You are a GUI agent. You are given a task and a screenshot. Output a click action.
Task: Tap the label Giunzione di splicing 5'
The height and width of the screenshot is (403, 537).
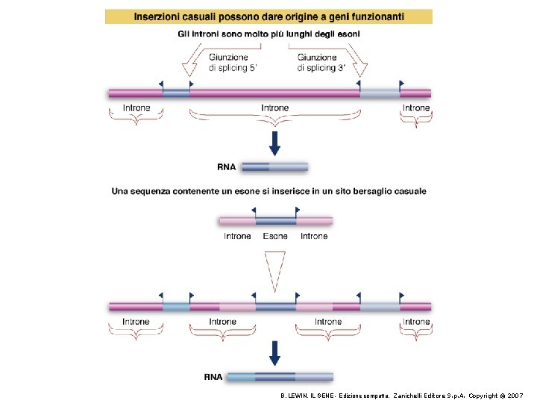click(x=231, y=63)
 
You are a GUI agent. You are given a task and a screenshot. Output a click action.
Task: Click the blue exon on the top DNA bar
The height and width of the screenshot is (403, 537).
click(x=177, y=93)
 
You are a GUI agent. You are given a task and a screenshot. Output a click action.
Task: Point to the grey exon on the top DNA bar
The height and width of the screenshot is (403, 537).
click(x=379, y=93)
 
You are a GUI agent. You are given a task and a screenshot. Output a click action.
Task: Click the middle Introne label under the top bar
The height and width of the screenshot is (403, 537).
click(x=274, y=108)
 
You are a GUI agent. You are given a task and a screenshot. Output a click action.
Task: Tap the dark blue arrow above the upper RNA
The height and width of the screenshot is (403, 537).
click(x=274, y=143)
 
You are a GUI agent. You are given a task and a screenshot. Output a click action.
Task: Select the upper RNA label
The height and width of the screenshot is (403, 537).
click(x=228, y=166)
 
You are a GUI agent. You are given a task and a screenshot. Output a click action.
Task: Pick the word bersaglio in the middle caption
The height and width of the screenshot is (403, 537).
click(x=350, y=192)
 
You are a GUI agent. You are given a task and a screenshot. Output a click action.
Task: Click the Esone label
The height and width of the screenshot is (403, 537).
click(x=275, y=237)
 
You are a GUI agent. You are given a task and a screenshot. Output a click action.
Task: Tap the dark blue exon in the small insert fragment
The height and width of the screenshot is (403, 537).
click(x=276, y=221)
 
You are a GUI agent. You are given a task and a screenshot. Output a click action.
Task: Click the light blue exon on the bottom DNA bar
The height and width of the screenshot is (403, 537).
click(x=177, y=306)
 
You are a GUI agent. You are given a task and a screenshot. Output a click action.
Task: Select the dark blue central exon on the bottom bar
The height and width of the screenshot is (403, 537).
click(x=276, y=306)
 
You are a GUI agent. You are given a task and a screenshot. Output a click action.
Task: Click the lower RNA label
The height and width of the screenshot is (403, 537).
click(x=213, y=378)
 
